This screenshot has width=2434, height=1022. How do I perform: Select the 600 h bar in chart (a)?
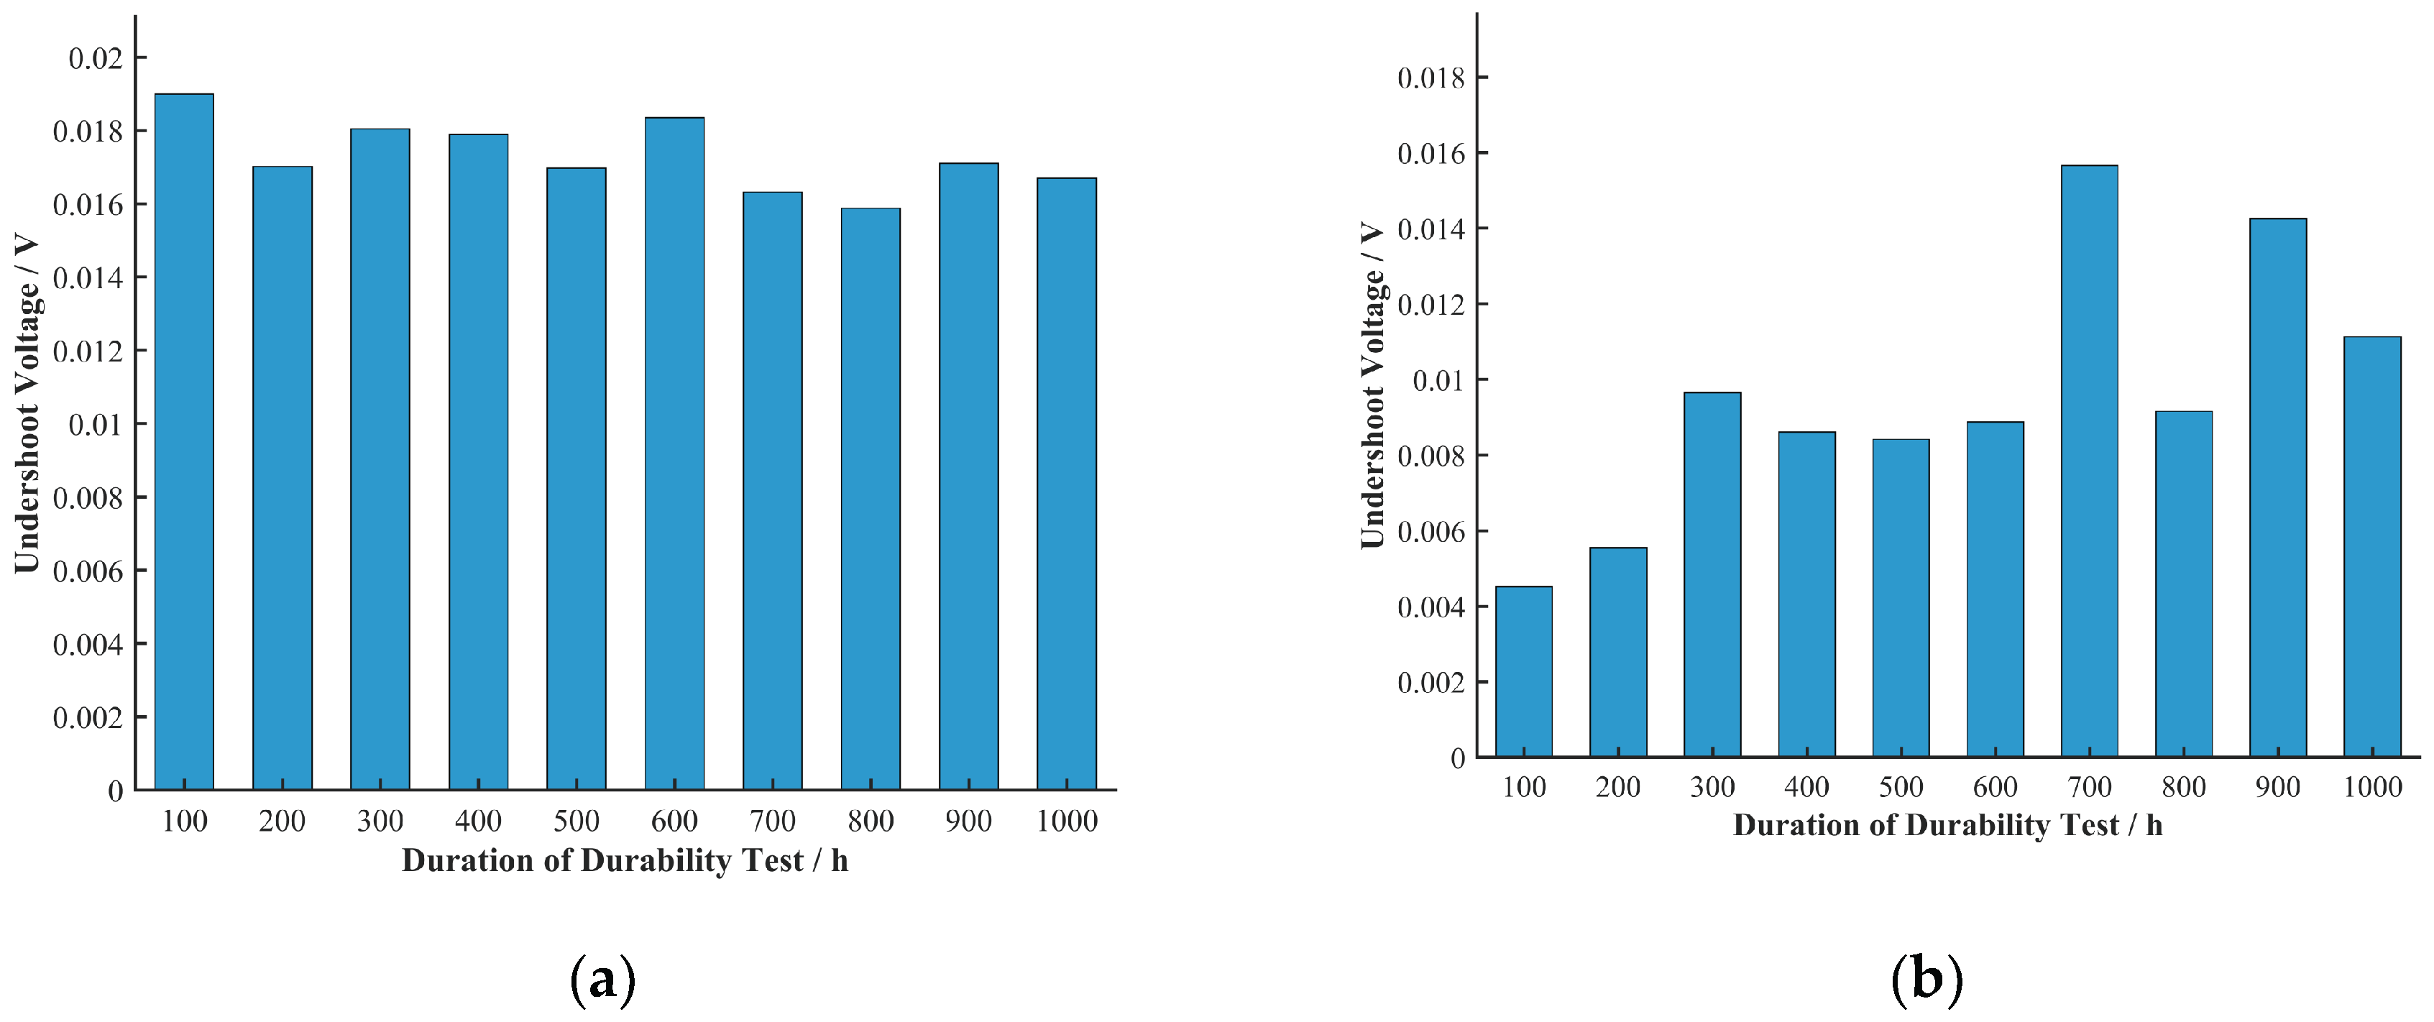(x=675, y=454)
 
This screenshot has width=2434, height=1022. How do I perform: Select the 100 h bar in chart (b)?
(x=1523, y=671)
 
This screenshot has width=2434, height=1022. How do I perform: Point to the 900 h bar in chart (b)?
(x=2278, y=487)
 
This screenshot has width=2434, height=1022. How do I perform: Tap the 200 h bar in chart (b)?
(x=1617, y=652)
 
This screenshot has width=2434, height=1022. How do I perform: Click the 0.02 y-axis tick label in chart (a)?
(x=96, y=58)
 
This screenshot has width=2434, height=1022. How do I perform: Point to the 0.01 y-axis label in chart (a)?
(x=96, y=425)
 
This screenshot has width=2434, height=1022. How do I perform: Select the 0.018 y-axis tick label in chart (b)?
(x=1430, y=78)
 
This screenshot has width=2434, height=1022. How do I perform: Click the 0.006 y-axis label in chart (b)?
(x=1430, y=532)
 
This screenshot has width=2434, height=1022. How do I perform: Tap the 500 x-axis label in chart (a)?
(x=577, y=821)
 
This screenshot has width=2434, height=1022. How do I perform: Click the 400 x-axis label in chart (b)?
(x=1806, y=787)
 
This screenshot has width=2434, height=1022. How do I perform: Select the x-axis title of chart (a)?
(x=625, y=860)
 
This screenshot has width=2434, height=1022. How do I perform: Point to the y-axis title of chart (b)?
(x=1372, y=385)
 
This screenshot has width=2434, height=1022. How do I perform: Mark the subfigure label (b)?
(x=1926, y=980)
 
